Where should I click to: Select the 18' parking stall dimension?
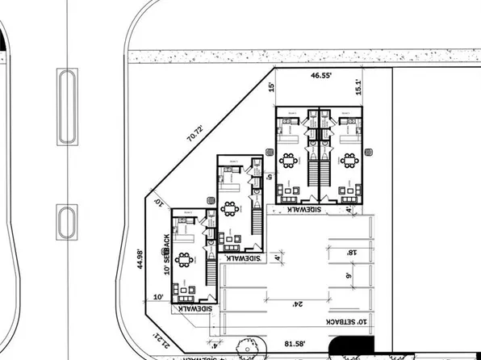coord(351,253)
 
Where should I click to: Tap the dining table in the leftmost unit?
coord(185,260)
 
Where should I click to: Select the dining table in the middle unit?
coord(231,208)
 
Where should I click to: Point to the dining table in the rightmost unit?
coord(349,160)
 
